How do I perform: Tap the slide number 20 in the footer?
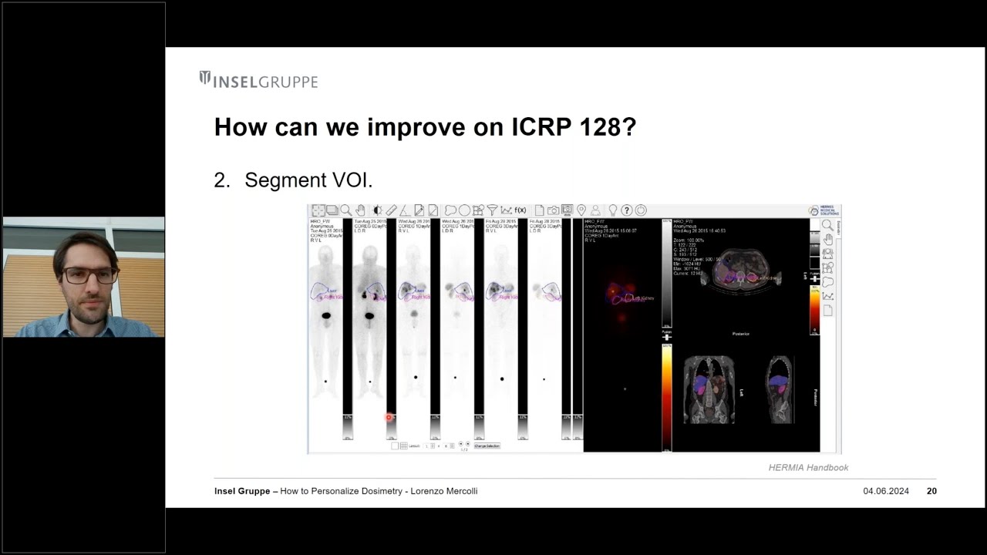(931, 491)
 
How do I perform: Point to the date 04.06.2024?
(886, 491)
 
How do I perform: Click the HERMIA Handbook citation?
(808, 467)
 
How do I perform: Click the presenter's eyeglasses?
(90, 274)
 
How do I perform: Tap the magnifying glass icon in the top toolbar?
(346, 210)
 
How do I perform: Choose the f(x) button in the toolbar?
(520, 210)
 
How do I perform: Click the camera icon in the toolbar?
(553, 210)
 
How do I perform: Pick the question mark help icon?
(627, 210)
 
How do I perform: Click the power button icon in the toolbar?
(641, 210)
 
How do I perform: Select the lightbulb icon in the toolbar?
(613, 210)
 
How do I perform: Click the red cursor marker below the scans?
(389, 418)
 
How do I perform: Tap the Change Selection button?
(487, 446)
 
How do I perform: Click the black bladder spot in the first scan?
(326, 315)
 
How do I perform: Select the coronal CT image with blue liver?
(709, 389)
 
